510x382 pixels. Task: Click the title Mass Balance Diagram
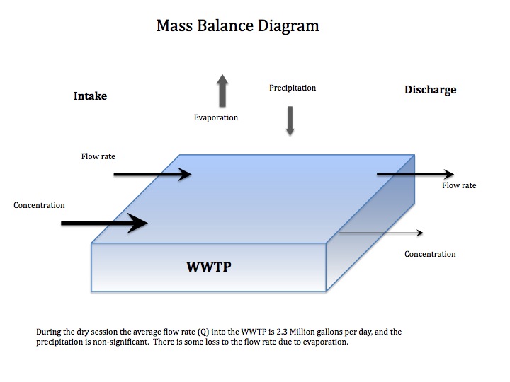237,27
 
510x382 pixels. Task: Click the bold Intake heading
90,95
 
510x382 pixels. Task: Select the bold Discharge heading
430,90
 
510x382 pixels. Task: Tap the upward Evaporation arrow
222,91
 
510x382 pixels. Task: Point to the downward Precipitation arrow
290,120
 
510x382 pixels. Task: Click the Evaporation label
216,117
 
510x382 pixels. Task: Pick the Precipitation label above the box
293,88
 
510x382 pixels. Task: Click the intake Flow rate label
98,156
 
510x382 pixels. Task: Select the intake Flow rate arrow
152,174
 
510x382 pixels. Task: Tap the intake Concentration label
39,205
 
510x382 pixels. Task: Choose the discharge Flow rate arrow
415,174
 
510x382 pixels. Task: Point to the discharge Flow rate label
459,186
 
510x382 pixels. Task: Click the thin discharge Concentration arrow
381,233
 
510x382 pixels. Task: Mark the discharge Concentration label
430,254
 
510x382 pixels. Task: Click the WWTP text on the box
209,267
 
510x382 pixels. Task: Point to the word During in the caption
47,332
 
